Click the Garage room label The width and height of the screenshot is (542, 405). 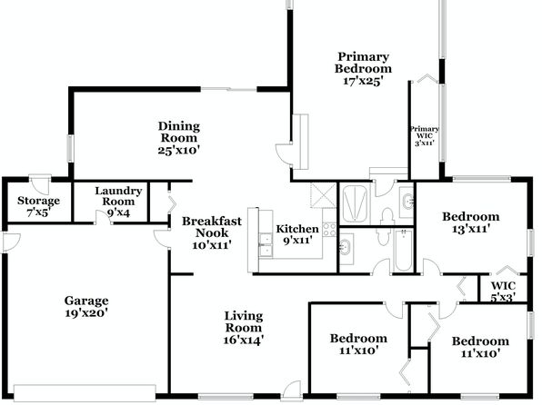point(86,301)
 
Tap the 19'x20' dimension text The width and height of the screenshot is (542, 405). point(86,313)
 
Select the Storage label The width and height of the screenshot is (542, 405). point(38,201)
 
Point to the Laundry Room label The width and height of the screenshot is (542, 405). point(118,196)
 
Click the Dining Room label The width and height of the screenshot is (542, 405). point(179,132)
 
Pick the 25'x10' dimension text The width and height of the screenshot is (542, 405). point(179,150)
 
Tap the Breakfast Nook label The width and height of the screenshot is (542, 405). point(212,226)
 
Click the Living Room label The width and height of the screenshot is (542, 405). point(244,321)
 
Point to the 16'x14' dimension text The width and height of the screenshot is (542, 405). point(244,340)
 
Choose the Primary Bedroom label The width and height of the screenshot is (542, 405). point(363,63)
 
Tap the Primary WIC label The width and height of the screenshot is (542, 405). point(425,133)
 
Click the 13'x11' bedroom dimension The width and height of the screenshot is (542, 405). point(471,229)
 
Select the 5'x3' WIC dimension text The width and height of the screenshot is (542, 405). point(503,297)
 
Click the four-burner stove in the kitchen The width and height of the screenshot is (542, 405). point(329,230)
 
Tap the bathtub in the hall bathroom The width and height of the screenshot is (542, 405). point(403,251)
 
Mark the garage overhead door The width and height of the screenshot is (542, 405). point(85,393)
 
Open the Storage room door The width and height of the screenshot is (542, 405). point(40,183)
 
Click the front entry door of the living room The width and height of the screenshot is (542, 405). point(291,390)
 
